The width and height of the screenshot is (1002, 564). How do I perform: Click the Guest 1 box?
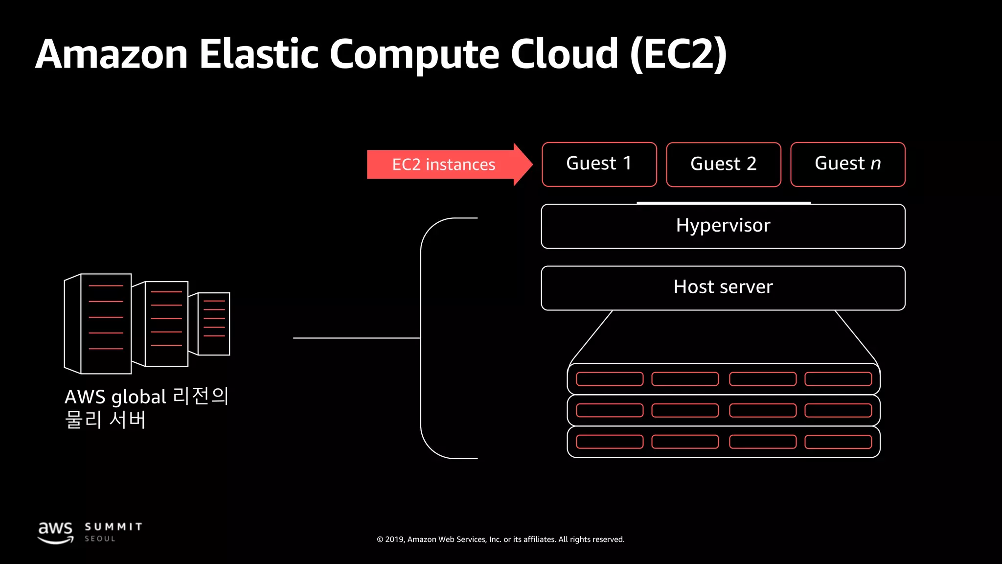click(x=599, y=164)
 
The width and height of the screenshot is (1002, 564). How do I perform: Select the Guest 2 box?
click(x=723, y=164)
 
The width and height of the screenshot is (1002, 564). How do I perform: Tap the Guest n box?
click(x=847, y=164)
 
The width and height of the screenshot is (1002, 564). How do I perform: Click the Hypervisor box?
click(x=723, y=226)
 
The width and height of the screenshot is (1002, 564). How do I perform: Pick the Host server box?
click(x=723, y=288)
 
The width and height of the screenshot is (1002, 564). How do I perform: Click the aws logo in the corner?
click(x=55, y=532)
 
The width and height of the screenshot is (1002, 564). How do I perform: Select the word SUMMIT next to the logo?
click(x=113, y=527)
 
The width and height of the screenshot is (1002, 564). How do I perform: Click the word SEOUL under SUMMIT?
click(x=100, y=539)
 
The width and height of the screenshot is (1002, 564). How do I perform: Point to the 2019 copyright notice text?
click(x=501, y=540)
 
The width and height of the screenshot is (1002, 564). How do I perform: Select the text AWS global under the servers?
click(x=115, y=397)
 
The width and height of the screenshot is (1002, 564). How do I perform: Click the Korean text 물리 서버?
click(x=105, y=420)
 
